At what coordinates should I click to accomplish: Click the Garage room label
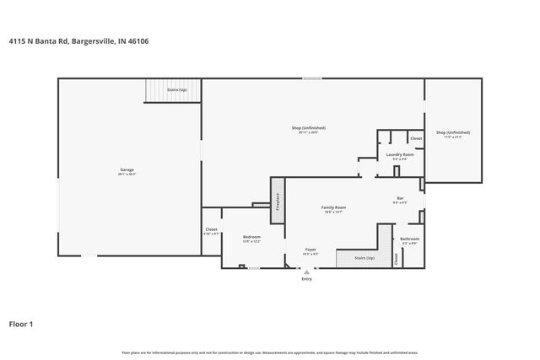[127, 170]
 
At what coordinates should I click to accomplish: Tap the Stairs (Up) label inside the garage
[176, 89]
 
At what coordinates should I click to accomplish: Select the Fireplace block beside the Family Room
[276, 202]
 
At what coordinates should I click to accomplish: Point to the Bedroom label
[251, 237]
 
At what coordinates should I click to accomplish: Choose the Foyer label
[310, 250]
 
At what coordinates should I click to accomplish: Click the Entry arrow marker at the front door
[306, 271]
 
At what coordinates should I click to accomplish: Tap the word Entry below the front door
[306, 279]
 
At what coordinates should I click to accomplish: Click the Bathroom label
[410, 239]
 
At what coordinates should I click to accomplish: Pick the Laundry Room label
[399, 154]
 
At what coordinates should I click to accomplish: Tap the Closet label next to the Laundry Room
[416, 138]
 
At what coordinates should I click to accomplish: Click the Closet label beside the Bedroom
[212, 229]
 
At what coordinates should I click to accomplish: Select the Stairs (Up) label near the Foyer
[364, 259]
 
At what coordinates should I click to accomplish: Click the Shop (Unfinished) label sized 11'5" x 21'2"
[453, 132]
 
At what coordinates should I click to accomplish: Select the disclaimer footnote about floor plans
[269, 352]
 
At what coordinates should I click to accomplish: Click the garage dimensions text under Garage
[127, 175]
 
